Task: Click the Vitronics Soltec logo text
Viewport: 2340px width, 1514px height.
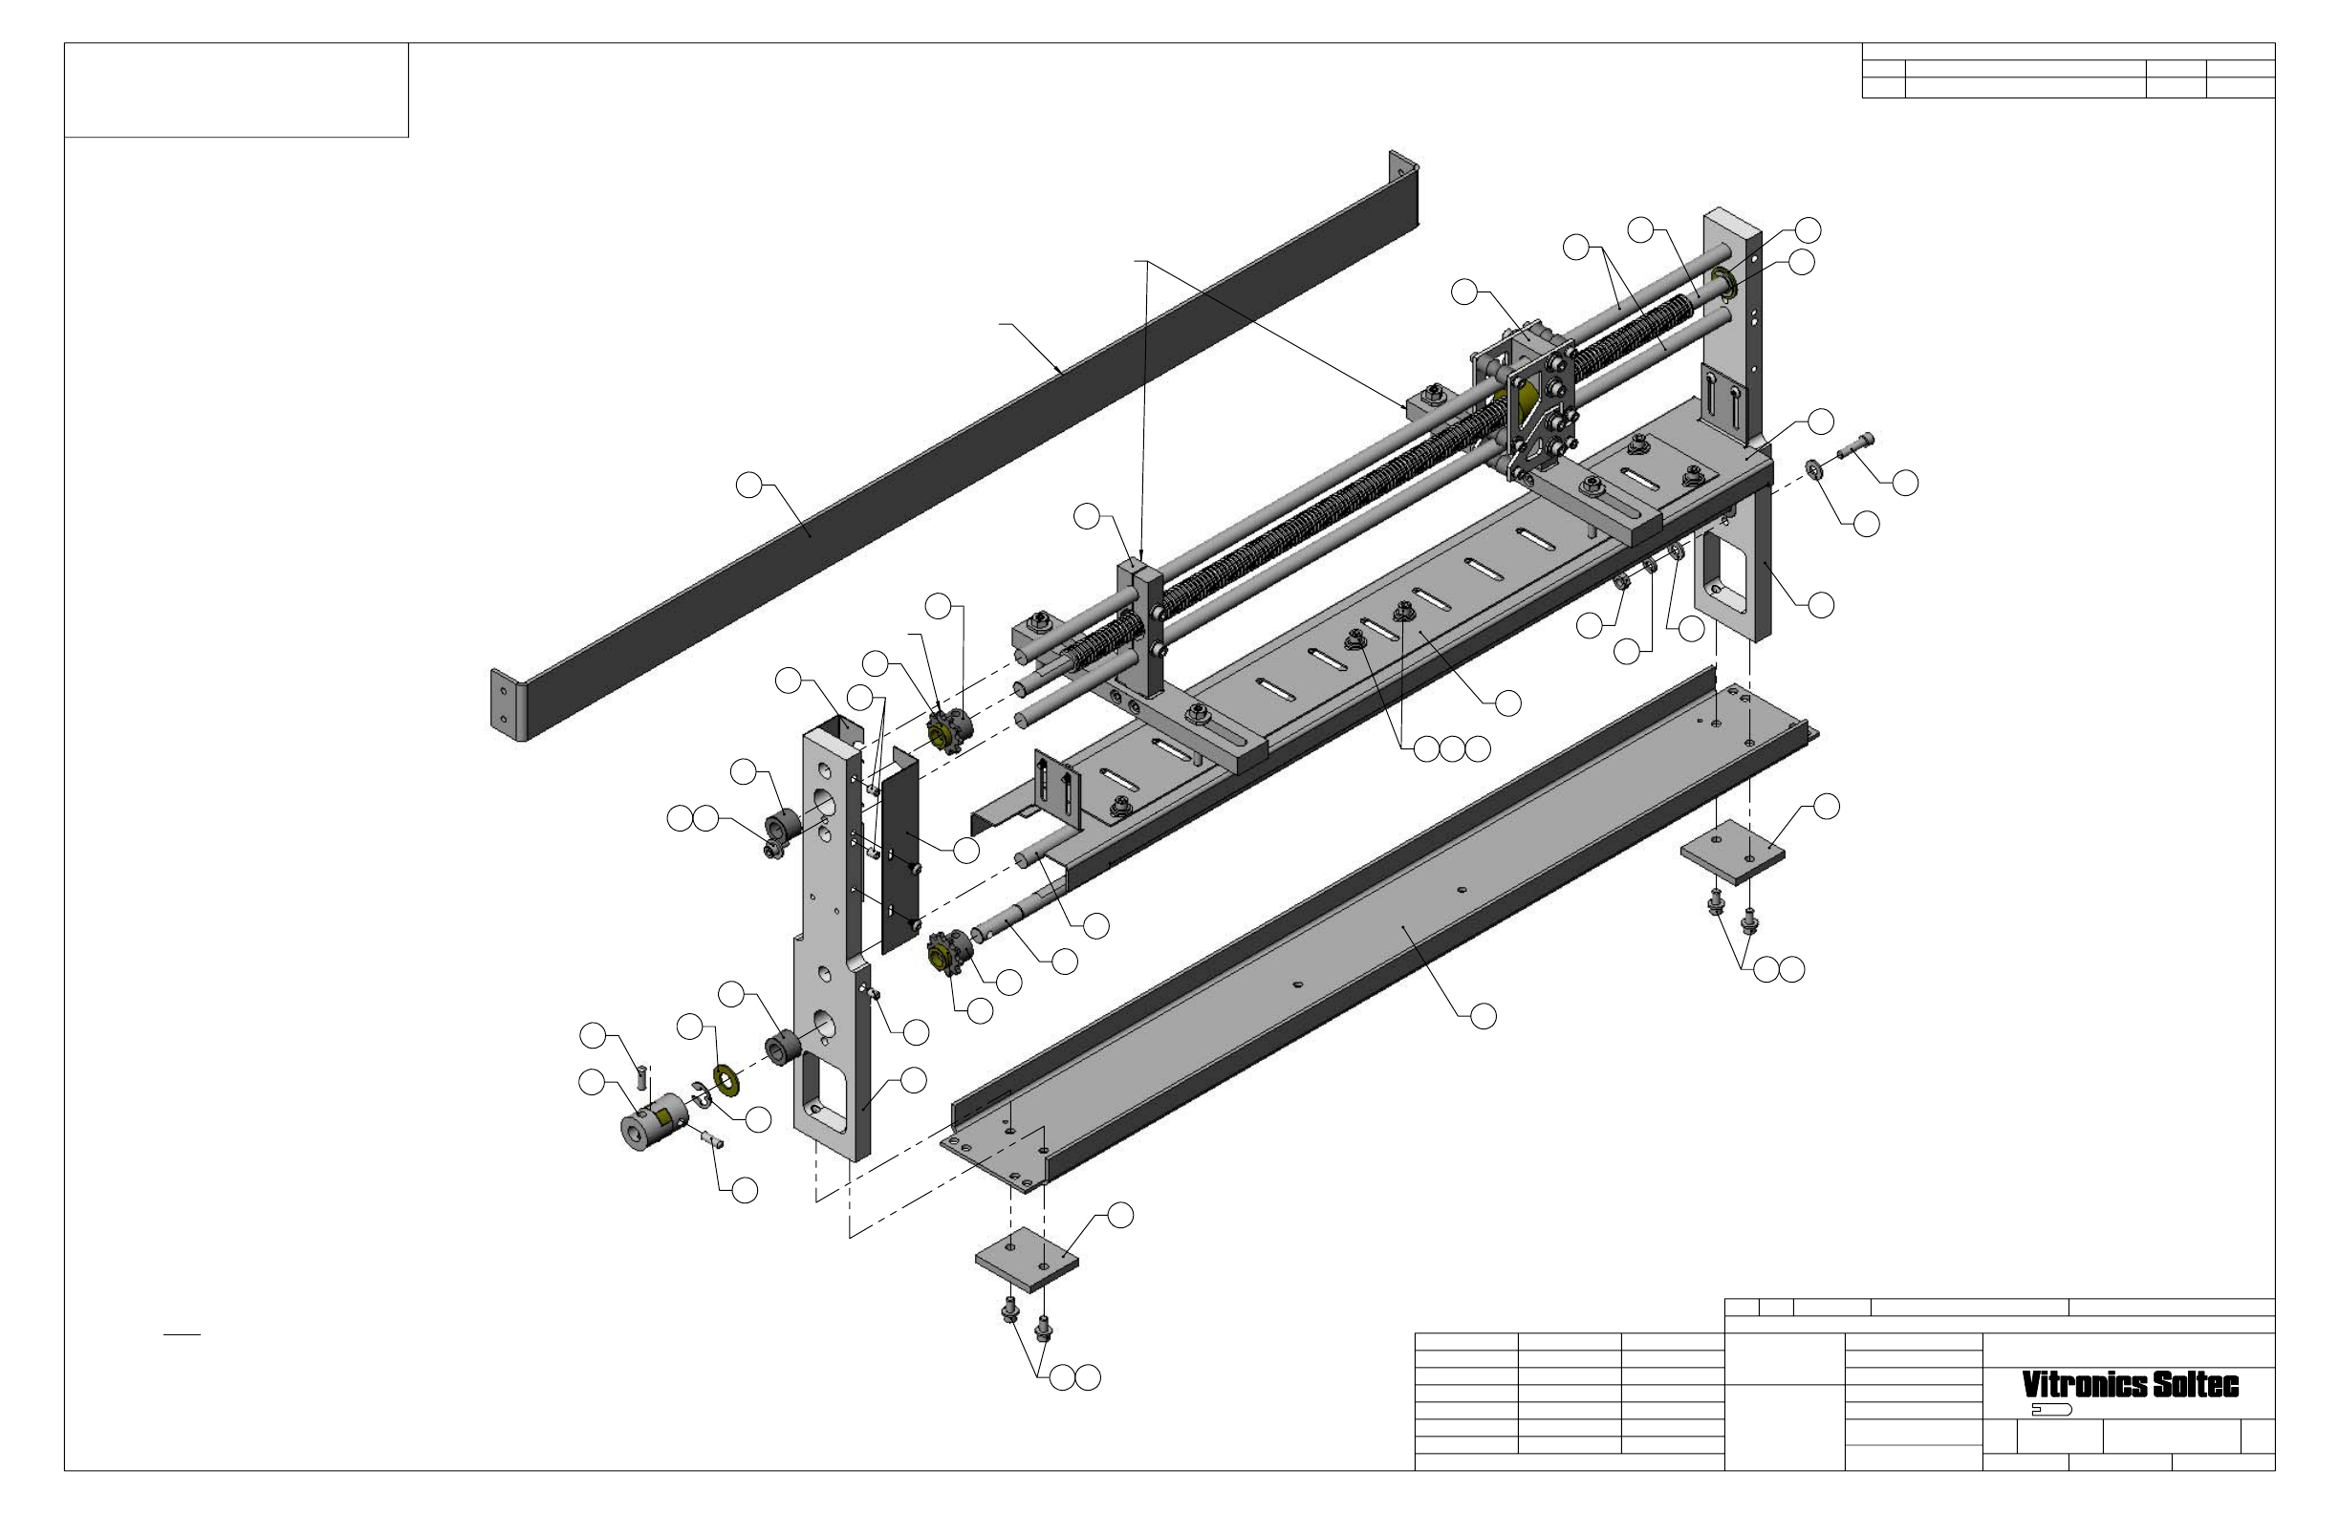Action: click(x=2130, y=1385)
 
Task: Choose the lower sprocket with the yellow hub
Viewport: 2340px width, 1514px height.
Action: click(x=949, y=954)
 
